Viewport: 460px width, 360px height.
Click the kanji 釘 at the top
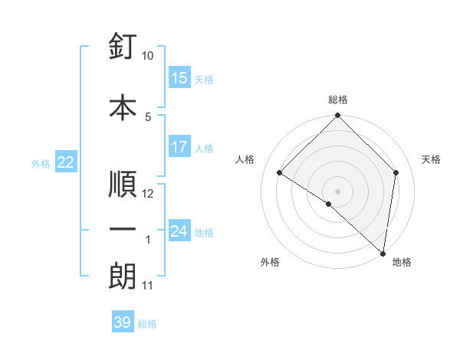[x=123, y=48]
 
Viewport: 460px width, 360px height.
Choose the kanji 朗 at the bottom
[x=123, y=276]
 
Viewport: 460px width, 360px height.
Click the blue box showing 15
[x=179, y=78]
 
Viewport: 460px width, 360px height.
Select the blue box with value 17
[x=179, y=147]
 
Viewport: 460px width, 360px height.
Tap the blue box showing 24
[x=179, y=231]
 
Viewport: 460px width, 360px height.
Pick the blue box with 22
[x=66, y=162]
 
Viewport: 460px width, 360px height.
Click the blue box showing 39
[x=123, y=323]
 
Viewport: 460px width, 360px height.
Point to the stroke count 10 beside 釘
[x=148, y=56]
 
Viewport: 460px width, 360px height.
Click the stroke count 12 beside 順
[x=148, y=194]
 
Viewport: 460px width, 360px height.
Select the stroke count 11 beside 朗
[x=148, y=286]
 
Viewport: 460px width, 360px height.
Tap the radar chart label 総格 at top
[x=337, y=100]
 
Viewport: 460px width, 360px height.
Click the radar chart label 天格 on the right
[x=432, y=159]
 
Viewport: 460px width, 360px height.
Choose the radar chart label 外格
[x=270, y=262]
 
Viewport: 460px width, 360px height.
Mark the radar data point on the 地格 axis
[x=382, y=253]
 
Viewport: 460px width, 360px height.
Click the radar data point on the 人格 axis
[x=280, y=173]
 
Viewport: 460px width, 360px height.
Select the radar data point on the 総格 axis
[x=337, y=116]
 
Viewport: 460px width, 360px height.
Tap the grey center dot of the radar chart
[x=337, y=191]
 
